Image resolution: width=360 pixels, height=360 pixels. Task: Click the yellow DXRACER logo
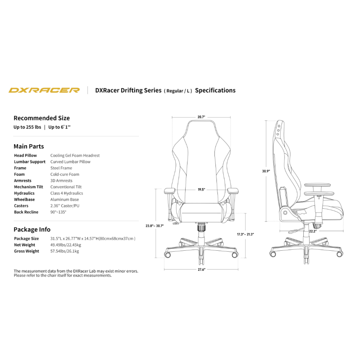click(44, 90)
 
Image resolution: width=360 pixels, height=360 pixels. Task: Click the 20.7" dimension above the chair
click(201, 117)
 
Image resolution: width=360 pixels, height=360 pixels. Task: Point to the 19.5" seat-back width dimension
click(201, 189)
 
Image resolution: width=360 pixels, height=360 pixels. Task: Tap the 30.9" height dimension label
click(266, 171)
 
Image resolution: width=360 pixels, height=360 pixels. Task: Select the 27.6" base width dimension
click(201, 270)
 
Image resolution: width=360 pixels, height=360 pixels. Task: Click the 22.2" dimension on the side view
click(313, 231)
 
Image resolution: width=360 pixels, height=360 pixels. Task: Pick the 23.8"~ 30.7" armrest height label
click(155, 226)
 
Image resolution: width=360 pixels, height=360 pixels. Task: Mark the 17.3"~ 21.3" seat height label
click(245, 234)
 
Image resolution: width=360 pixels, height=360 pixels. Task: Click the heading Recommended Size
click(41, 118)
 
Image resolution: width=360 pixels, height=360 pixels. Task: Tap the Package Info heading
click(32, 230)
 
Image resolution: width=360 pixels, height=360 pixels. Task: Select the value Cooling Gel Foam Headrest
click(75, 155)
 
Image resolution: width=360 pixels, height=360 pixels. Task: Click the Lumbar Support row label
click(30, 162)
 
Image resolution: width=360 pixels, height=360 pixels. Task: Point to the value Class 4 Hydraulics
click(66, 193)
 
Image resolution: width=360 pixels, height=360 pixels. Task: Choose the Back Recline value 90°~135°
click(58, 212)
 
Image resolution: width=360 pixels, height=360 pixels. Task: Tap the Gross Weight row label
click(26, 251)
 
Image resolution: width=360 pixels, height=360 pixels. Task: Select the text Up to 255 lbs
click(27, 127)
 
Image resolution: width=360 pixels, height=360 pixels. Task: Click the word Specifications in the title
click(215, 90)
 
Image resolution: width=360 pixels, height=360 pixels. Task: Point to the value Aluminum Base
click(64, 199)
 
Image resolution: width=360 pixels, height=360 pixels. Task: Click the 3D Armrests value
click(61, 181)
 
